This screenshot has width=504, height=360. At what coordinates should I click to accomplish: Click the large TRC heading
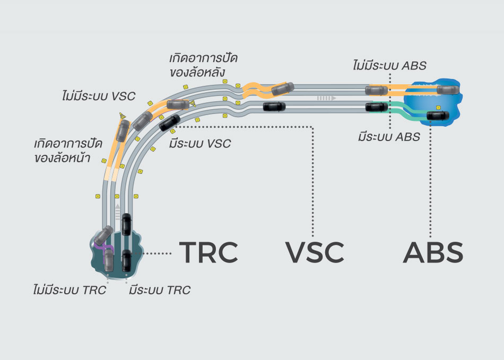[x=208, y=252]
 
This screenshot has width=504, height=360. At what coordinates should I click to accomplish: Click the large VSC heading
[x=315, y=252]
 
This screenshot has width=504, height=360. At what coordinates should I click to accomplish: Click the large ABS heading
[x=433, y=252]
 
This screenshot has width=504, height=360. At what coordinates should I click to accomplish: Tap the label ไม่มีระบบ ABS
[x=390, y=65]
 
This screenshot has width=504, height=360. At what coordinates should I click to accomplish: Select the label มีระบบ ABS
[x=389, y=137]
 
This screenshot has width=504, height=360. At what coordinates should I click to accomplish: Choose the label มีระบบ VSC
[x=200, y=143]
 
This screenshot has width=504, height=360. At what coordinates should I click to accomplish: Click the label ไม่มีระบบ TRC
[x=69, y=290]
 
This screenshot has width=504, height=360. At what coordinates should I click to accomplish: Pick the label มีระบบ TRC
[x=159, y=290]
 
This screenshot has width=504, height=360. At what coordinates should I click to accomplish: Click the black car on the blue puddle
[x=438, y=116]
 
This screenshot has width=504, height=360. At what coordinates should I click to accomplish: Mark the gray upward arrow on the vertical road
[x=117, y=211]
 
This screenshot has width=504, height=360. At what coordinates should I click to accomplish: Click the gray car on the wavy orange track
[x=282, y=89]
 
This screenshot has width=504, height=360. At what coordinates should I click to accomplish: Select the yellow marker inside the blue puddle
[x=439, y=108]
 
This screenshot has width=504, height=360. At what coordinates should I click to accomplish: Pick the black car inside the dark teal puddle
[x=126, y=260]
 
